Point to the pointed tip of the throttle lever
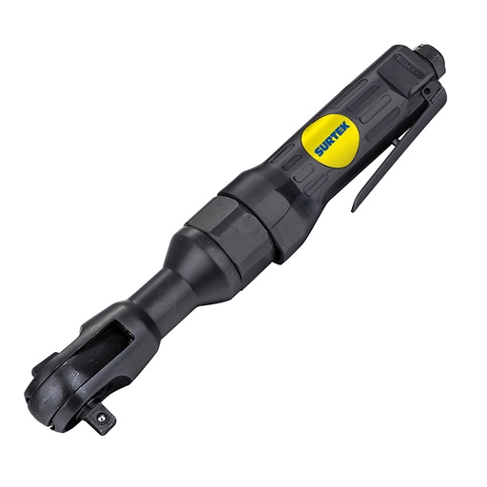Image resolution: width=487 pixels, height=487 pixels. (x=354, y=207)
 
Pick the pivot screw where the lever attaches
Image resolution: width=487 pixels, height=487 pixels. (x=434, y=92)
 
